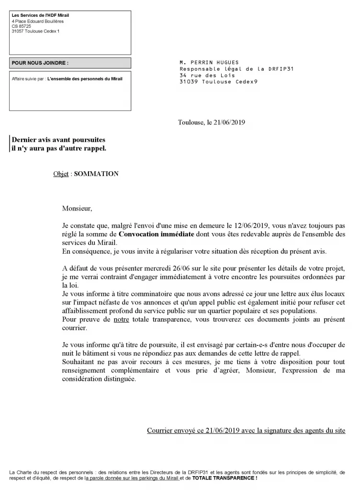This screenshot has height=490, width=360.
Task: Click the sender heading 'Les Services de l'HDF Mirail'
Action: coord(40,16)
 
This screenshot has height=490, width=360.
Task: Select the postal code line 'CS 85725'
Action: coord(22,26)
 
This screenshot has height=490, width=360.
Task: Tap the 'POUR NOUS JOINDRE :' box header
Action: coord(40,63)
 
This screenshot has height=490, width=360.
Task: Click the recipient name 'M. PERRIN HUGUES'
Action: coord(209,63)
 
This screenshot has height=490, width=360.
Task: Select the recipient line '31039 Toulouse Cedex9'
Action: coord(218,82)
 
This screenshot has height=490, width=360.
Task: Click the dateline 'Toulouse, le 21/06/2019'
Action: coord(212,122)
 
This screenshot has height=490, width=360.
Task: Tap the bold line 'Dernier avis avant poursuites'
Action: coord(58,140)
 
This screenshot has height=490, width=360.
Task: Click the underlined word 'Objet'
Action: coord(61,174)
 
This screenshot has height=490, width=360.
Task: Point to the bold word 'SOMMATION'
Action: coord(96,174)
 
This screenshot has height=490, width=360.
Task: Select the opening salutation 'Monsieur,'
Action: coord(77,209)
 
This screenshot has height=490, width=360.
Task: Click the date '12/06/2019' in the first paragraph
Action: coord(252,225)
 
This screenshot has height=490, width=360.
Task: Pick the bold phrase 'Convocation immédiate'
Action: coord(156,234)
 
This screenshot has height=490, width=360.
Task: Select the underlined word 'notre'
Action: coord(121,320)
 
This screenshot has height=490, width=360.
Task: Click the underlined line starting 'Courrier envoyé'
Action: coord(246,431)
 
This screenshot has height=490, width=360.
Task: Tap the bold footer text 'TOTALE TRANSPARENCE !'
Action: coord(225,478)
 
